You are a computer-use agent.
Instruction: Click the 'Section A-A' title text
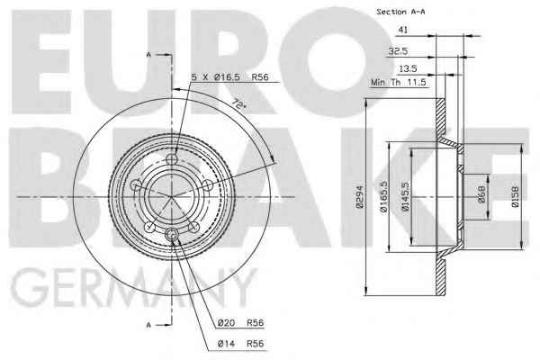click(x=400, y=12)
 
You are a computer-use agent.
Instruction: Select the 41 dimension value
click(x=403, y=30)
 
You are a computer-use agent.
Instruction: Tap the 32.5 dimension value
click(x=398, y=51)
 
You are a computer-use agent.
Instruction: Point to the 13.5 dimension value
click(x=408, y=69)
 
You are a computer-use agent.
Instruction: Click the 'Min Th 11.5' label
click(x=399, y=83)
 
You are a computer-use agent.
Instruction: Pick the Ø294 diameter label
click(x=360, y=197)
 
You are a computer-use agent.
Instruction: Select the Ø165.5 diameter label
click(x=384, y=196)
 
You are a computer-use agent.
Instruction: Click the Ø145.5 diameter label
click(x=406, y=196)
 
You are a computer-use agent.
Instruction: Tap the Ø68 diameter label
click(x=481, y=194)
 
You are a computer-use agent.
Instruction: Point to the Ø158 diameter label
click(x=515, y=197)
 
